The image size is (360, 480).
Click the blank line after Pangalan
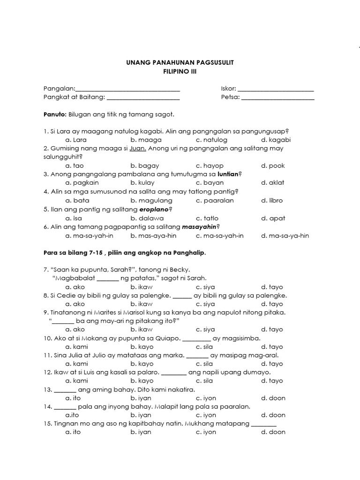127,90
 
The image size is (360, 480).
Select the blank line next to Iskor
276,90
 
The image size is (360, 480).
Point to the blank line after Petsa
278,98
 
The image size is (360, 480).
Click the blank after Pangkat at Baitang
143,98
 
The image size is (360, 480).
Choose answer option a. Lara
76,140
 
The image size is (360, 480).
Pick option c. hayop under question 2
208,165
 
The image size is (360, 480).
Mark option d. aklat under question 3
273,183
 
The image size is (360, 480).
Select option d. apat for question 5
273,218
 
